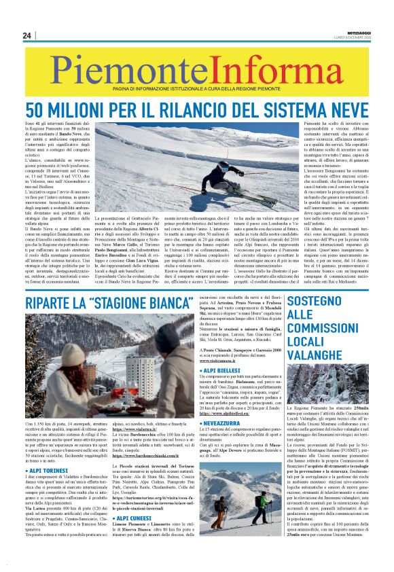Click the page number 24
click(x=27, y=35)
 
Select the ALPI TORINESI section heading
click(x=48, y=469)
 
